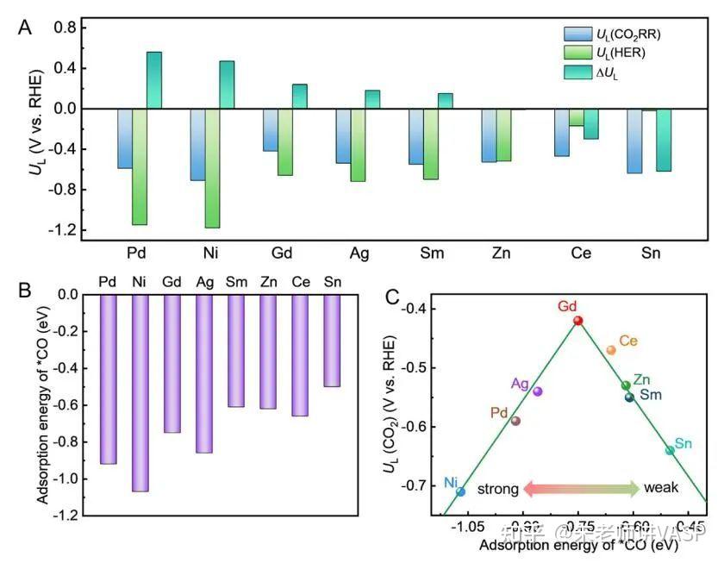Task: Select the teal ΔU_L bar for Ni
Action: click(227, 84)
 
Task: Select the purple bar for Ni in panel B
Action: click(140, 392)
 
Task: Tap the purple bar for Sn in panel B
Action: click(332, 341)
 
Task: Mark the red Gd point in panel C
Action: click(578, 321)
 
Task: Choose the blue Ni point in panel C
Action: click(461, 491)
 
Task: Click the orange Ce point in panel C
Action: click(611, 350)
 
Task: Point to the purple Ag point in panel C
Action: click(538, 391)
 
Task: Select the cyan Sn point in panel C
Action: click(670, 450)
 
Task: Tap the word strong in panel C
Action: click(497, 489)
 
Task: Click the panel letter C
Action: click(393, 297)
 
